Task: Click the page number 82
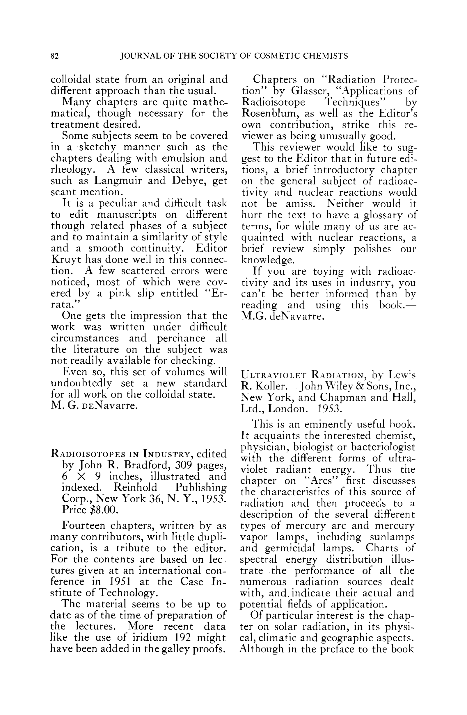point(55,56)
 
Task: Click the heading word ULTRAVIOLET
point(274,375)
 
